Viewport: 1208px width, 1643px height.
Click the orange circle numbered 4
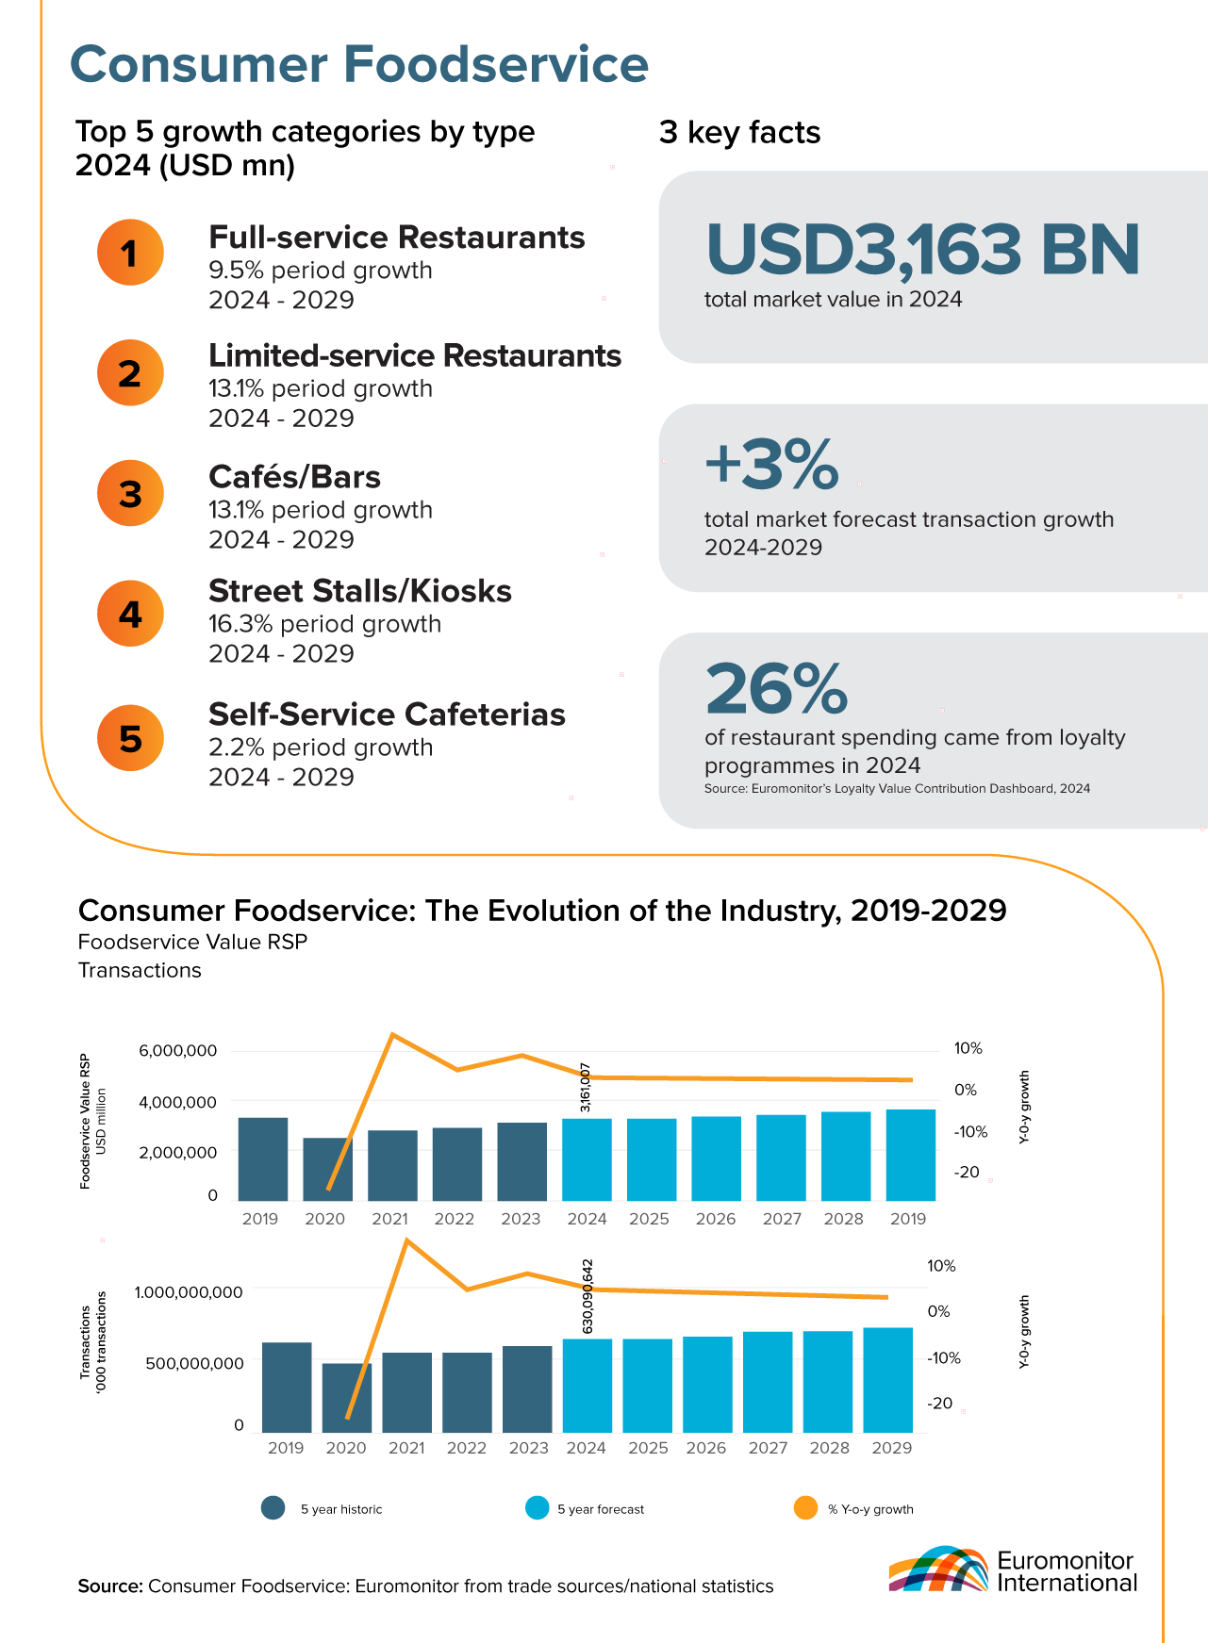pos(130,614)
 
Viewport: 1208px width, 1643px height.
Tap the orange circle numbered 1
pos(130,253)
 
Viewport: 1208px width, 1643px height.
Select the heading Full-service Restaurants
pos(396,238)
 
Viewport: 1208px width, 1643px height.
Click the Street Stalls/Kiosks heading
pos(359,591)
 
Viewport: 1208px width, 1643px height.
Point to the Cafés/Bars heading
pos(294,477)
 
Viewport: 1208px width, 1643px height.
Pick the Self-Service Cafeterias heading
pos(387,715)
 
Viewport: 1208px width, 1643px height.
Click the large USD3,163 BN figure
pos(922,250)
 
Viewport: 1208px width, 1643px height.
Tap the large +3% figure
pos(771,464)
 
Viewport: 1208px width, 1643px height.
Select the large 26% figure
pos(776,689)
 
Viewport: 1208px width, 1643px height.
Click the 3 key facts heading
pos(739,133)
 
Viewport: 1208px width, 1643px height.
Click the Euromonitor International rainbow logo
pos(937,1569)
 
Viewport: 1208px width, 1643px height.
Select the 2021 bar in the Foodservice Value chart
pos(392,1165)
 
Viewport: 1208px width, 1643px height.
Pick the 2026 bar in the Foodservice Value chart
pos(716,1158)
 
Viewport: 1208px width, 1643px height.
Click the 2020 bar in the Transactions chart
pos(346,1398)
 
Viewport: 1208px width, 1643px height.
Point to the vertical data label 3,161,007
pos(586,1087)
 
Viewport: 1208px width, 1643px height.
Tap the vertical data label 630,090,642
pos(587,1295)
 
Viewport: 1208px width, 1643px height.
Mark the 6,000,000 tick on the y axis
pos(178,1051)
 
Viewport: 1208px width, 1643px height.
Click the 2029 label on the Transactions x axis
pos(892,1448)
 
